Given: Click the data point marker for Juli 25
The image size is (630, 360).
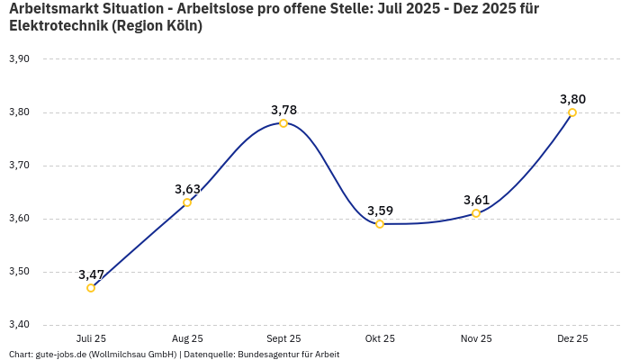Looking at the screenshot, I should (x=91, y=288).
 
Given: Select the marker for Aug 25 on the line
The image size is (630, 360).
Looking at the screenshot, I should (x=187, y=202).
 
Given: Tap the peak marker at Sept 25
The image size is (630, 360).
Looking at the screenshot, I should (x=283, y=123).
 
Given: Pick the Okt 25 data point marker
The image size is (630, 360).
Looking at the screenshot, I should (x=380, y=224).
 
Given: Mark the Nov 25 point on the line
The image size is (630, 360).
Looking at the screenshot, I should (x=476, y=213).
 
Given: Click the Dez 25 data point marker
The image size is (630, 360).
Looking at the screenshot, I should (x=572, y=112).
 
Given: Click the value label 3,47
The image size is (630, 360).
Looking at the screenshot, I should (x=91, y=274).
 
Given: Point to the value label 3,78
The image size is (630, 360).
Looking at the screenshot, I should (x=283, y=110).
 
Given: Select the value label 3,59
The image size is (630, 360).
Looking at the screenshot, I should (x=380, y=211).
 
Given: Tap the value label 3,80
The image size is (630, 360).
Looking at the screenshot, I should (x=572, y=99).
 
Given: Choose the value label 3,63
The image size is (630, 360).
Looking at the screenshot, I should (x=187, y=189).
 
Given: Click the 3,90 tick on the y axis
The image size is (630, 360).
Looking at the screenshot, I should (x=19, y=59).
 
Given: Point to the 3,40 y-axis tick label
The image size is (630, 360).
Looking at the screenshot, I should (x=19, y=325).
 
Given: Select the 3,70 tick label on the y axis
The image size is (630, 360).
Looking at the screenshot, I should (x=19, y=166).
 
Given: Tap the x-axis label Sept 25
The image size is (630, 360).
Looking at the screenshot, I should (x=283, y=339).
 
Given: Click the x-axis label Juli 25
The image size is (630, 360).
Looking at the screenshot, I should (x=91, y=339).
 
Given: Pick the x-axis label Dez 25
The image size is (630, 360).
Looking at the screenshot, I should (x=572, y=339).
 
